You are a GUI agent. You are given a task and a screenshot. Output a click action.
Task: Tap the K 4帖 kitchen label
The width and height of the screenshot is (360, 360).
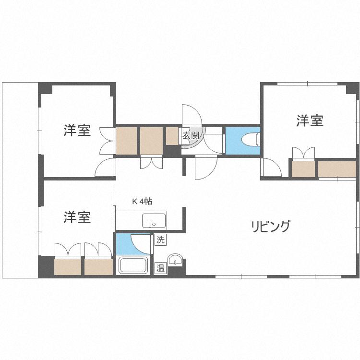(142, 202)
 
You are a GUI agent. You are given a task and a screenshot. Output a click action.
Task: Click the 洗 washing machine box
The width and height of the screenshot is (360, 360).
(160, 239)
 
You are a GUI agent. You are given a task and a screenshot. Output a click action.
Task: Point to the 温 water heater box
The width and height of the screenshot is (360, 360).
(160, 268)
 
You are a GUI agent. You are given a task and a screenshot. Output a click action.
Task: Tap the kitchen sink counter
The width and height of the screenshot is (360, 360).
(154, 221)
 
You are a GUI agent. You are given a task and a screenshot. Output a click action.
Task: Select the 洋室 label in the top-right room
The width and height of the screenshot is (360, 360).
(310, 120)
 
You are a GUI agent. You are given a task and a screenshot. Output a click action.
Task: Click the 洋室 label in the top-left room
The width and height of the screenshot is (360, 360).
(77, 131)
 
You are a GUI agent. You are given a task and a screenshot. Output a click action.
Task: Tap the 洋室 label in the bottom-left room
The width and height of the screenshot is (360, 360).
(77, 217)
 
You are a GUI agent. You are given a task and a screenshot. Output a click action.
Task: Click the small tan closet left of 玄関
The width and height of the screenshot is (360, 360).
(172, 136)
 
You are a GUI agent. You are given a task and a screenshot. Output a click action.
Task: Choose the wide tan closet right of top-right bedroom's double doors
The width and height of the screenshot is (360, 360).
(337, 169)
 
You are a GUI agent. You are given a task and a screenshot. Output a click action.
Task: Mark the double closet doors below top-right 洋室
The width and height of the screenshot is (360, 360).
(303, 153)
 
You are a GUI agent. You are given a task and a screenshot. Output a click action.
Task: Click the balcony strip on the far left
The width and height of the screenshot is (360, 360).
(20, 180)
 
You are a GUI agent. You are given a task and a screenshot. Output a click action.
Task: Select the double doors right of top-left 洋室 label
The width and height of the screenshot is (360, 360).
(106, 140)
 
